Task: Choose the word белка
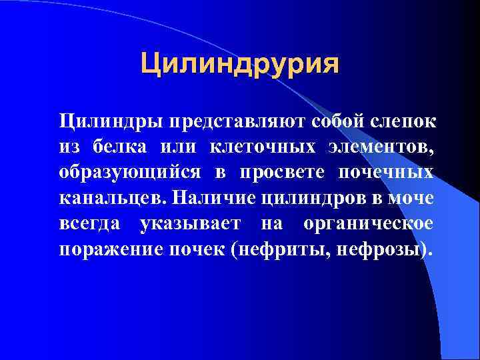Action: click(x=117, y=147)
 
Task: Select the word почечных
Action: click(x=387, y=173)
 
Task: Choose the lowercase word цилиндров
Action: click(x=311, y=199)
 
